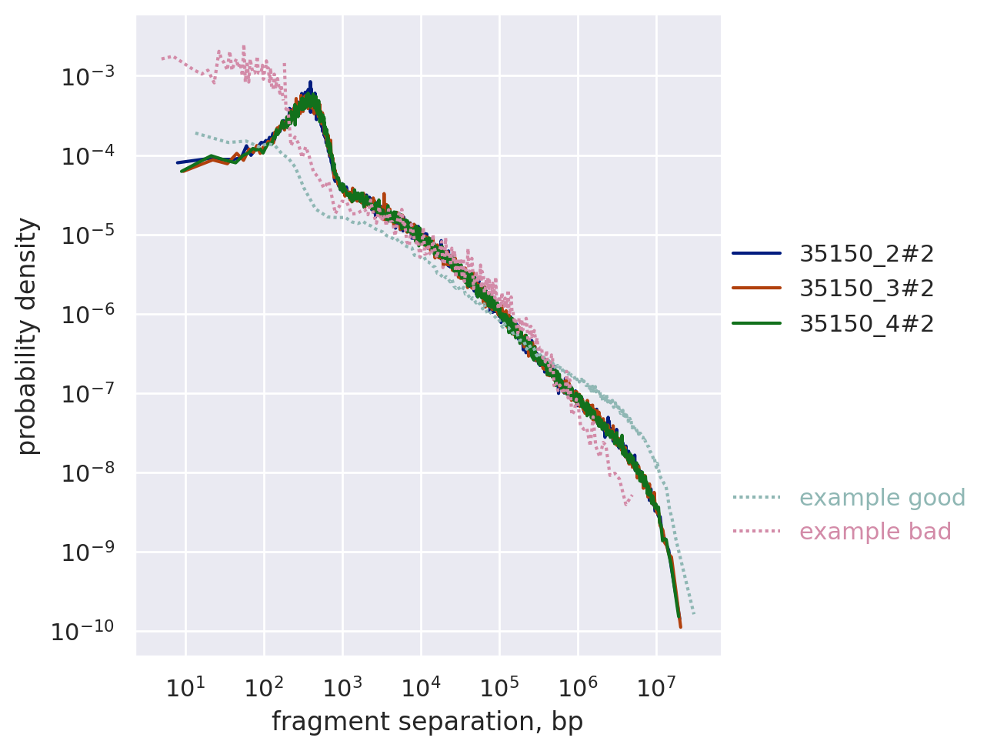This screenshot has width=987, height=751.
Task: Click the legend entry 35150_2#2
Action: tap(867, 253)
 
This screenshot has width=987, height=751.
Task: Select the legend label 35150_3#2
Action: tap(867, 289)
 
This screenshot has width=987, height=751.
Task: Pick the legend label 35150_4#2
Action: tap(867, 324)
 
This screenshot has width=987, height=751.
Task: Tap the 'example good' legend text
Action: tap(882, 498)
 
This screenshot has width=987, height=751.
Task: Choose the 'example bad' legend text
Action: tap(875, 532)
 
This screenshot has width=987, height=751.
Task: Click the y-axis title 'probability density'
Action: tap(28, 336)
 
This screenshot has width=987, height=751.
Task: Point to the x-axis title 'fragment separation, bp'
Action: tap(427, 722)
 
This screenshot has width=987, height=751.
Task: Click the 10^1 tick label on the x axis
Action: tap(185, 687)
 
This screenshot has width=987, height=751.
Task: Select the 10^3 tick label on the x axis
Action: tap(342, 687)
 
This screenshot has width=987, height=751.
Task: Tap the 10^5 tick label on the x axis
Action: tap(499, 687)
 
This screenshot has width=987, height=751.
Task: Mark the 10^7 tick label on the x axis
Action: tap(655, 687)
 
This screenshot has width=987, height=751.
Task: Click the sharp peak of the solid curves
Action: tap(310, 82)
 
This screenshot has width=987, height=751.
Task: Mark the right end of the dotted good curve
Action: tap(694, 613)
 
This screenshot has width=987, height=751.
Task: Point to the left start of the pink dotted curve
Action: tap(162, 58)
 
